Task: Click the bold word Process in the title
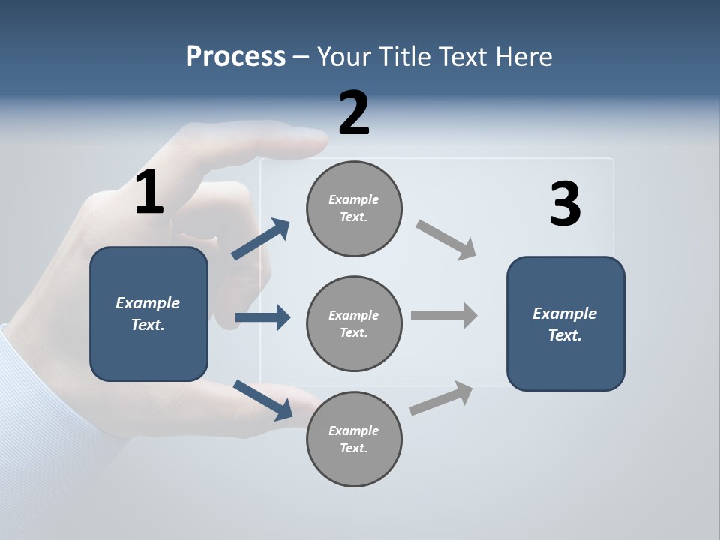click(235, 56)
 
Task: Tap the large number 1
click(149, 193)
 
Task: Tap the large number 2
click(354, 113)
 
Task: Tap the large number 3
click(565, 204)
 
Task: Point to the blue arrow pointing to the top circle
click(261, 239)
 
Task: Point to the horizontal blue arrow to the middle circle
click(262, 317)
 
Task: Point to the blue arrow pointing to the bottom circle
click(263, 399)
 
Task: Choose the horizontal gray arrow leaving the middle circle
click(444, 315)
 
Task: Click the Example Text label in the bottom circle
click(354, 439)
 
